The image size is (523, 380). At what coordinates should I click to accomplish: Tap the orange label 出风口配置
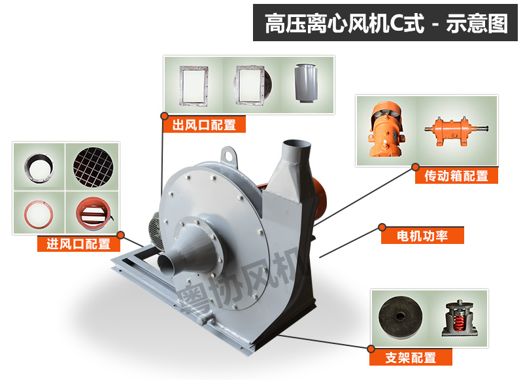point(204,124)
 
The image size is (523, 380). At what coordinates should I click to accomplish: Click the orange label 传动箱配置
point(456,175)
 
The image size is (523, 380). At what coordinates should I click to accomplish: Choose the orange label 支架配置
point(411,357)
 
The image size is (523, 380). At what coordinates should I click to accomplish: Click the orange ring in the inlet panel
point(39,212)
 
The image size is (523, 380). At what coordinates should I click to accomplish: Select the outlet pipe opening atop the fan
point(292,145)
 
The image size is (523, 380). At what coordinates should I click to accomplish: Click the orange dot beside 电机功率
point(382,228)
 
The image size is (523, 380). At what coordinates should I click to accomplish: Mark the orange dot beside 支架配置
point(371,349)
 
